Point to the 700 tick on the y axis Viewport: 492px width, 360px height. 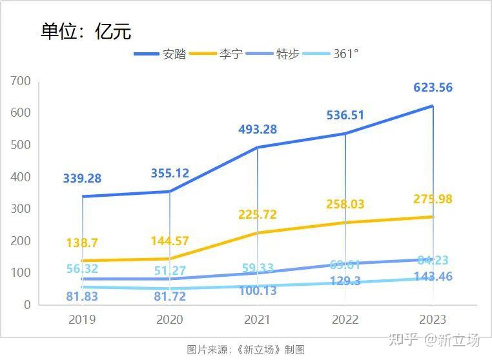coord(21,81)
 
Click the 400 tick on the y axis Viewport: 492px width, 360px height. coord(21,177)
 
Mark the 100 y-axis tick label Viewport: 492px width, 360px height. coord(21,272)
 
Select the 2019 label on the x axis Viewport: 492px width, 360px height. coord(82,319)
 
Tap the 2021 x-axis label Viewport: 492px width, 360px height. coord(258,319)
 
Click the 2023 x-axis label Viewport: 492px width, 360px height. coord(433,319)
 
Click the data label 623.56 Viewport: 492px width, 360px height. coord(433,88)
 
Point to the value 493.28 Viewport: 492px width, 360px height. coord(258,130)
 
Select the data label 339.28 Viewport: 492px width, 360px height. coord(82,179)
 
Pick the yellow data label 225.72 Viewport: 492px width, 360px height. coord(258,215)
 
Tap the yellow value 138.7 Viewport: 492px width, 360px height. coord(82,243)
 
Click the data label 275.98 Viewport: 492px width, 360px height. coord(433,199)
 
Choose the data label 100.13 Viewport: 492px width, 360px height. coord(258,291)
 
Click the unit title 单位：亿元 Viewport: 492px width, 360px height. coord(86,31)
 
